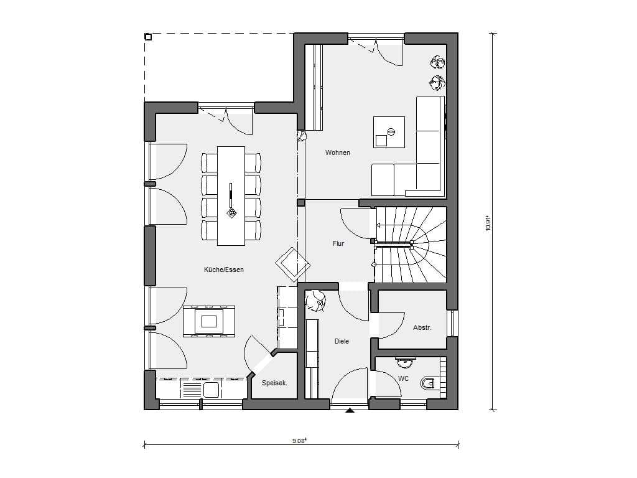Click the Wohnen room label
click(x=337, y=153)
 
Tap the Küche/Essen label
click(x=224, y=269)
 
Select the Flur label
click(x=338, y=243)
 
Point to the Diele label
click(x=342, y=342)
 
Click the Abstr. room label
click(x=422, y=327)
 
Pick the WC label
click(x=403, y=379)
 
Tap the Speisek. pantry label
click(x=274, y=383)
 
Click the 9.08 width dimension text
click(x=299, y=440)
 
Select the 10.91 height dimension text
click(x=488, y=223)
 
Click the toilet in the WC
click(x=429, y=383)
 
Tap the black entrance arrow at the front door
click(x=350, y=411)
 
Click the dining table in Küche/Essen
click(x=231, y=196)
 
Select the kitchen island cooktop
click(x=209, y=321)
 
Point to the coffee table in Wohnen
click(x=389, y=132)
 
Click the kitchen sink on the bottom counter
click(x=212, y=390)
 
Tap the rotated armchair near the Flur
click(x=292, y=264)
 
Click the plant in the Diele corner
click(x=315, y=301)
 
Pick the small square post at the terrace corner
click(x=148, y=37)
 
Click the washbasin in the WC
click(x=405, y=359)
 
